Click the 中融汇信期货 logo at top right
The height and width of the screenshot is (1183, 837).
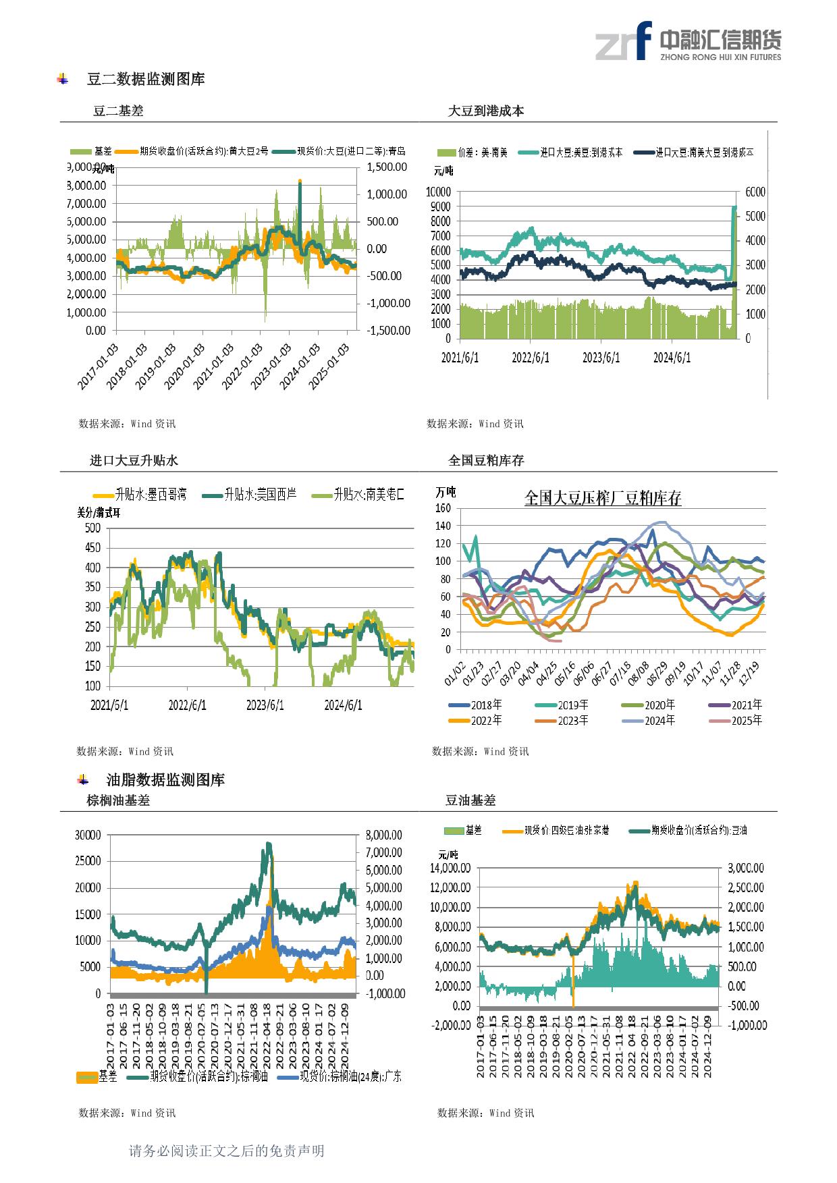[688, 41]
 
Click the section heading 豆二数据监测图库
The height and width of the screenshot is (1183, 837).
[146, 79]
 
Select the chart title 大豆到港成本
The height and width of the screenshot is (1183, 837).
[486, 111]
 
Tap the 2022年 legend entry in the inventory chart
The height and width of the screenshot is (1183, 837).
[475, 721]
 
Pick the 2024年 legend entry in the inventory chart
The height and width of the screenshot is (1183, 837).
[648, 721]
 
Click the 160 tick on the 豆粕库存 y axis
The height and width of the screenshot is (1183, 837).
[443, 508]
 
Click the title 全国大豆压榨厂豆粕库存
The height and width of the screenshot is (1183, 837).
[603, 499]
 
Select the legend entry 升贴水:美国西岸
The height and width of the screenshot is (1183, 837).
[249, 495]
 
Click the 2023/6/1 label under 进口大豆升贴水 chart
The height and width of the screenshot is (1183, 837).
[265, 705]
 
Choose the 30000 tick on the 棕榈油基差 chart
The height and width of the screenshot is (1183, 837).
[87, 835]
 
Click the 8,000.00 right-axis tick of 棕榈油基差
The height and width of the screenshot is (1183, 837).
[383, 835]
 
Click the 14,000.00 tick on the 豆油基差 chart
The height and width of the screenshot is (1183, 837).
[450, 868]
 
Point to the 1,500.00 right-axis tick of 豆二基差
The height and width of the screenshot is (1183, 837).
[387, 167]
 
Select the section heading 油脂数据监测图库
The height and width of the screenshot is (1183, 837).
[165, 780]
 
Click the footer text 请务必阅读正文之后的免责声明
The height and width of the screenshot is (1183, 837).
[226, 1151]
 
